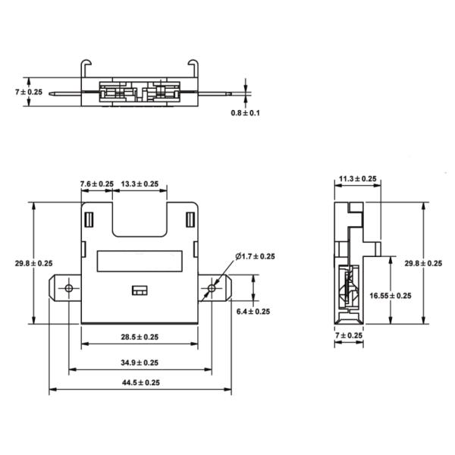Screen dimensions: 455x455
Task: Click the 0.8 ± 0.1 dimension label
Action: click(x=246, y=113)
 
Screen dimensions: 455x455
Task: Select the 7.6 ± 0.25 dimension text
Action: click(x=97, y=184)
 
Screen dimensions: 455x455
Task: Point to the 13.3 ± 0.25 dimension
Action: click(x=140, y=184)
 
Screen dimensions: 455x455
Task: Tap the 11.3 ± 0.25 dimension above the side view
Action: click(x=358, y=179)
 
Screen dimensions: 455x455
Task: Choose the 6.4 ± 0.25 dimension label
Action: click(x=253, y=312)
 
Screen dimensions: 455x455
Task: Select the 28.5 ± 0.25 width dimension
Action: click(x=140, y=337)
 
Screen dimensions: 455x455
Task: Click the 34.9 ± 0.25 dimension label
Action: click(x=140, y=362)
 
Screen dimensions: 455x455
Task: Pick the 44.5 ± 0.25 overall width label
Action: click(x=140, y=383)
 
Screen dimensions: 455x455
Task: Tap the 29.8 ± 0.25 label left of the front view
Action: click(x=33, y=263)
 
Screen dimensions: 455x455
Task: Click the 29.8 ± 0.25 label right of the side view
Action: click(x=423, y=263)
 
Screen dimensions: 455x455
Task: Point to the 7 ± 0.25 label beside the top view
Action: click(x=30, y=91)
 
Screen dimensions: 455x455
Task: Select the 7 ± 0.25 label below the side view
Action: click(x=350, y=335)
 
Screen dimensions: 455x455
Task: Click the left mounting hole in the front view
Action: click(x=69, y=289)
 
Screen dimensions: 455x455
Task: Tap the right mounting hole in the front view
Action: click(x=212, y=289)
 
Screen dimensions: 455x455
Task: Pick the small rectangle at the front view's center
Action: click(x=139, y=290)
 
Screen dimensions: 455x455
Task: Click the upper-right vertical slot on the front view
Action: click(x=189, y=221)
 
